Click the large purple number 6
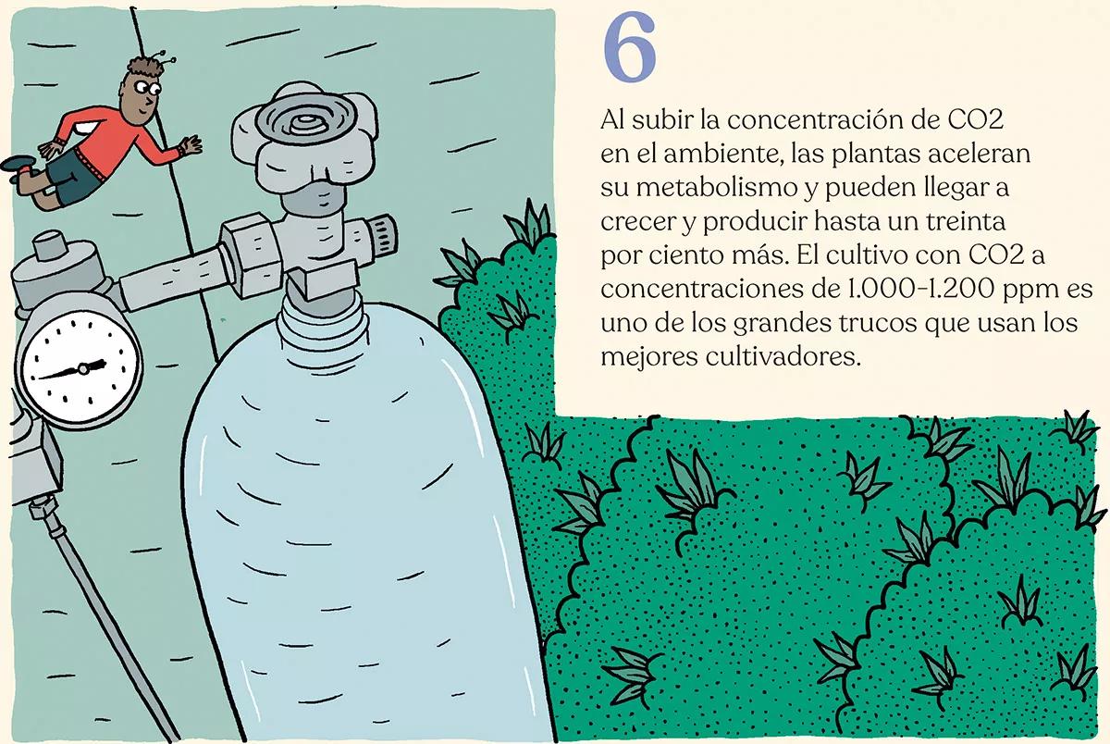(630, 47)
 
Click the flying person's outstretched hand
(191, 146)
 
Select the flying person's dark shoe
(19, 164)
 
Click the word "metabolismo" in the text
(711, 190)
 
